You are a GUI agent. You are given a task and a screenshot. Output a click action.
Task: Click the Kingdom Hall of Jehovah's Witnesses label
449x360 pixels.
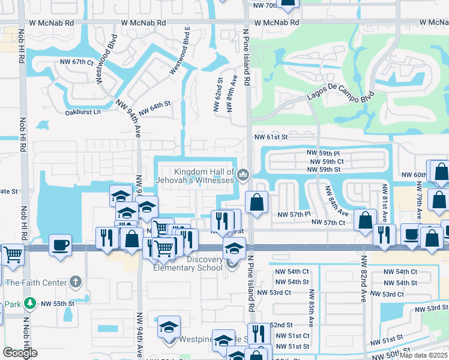tap(204, 176)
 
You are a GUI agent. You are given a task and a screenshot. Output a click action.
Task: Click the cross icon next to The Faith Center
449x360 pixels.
tap(75, 281)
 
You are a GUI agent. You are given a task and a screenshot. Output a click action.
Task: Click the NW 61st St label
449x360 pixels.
tap(271, 137)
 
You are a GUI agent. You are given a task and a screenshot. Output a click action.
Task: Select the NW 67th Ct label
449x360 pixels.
tap(77, 62)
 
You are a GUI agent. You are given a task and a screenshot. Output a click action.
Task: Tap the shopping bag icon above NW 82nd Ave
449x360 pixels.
tap(365, 220)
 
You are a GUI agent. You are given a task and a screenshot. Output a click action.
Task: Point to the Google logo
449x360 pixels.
tap(20, 353)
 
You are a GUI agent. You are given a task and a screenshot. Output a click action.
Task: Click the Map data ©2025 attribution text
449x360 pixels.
tap(423, 356)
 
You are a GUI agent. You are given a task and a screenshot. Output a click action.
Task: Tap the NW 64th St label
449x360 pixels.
tap(154, 109)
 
